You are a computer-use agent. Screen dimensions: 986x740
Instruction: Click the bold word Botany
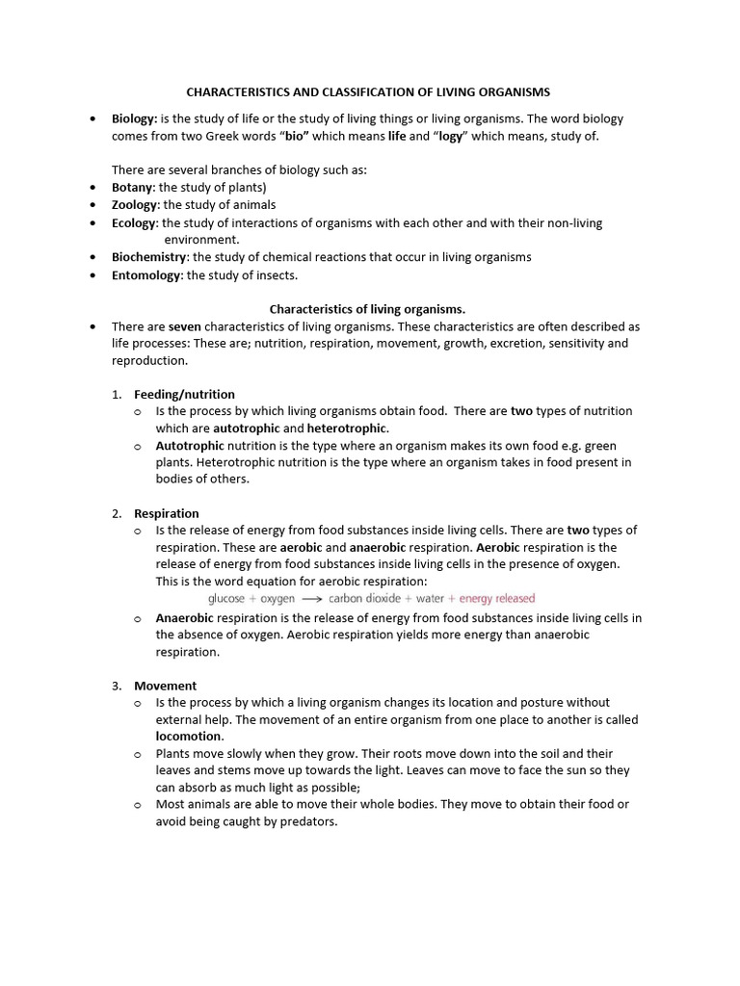[x=133, y=188]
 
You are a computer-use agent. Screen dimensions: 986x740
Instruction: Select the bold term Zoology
[x=136, y=205]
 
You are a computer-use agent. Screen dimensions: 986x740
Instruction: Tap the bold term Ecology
[x=134, y=222]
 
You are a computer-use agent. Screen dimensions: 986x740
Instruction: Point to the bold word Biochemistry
[x=150, y=257]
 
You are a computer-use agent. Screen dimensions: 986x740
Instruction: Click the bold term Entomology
[x=146, y=275]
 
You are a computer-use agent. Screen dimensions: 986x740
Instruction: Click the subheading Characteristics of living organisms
[x=367, y=309]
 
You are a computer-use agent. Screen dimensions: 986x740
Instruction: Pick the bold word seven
[x=184, y=326]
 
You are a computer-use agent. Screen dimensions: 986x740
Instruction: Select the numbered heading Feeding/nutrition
[x=184, y=394]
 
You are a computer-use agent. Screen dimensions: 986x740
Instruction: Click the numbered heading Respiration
[x=167, y=513]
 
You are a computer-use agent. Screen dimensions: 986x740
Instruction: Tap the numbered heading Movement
[x=166, y=686]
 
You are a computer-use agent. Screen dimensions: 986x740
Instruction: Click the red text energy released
[x=497, y=599]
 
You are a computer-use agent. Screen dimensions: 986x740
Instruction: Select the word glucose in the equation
[x=227, y=599]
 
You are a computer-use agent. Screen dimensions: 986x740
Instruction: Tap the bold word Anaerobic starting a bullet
[x=185, y=618]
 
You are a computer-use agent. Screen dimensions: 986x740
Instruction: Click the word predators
[x=307, y=821]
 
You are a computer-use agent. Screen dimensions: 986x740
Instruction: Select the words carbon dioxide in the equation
[x=364, y=599]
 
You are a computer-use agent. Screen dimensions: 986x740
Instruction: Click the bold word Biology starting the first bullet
[x=134, y=119]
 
